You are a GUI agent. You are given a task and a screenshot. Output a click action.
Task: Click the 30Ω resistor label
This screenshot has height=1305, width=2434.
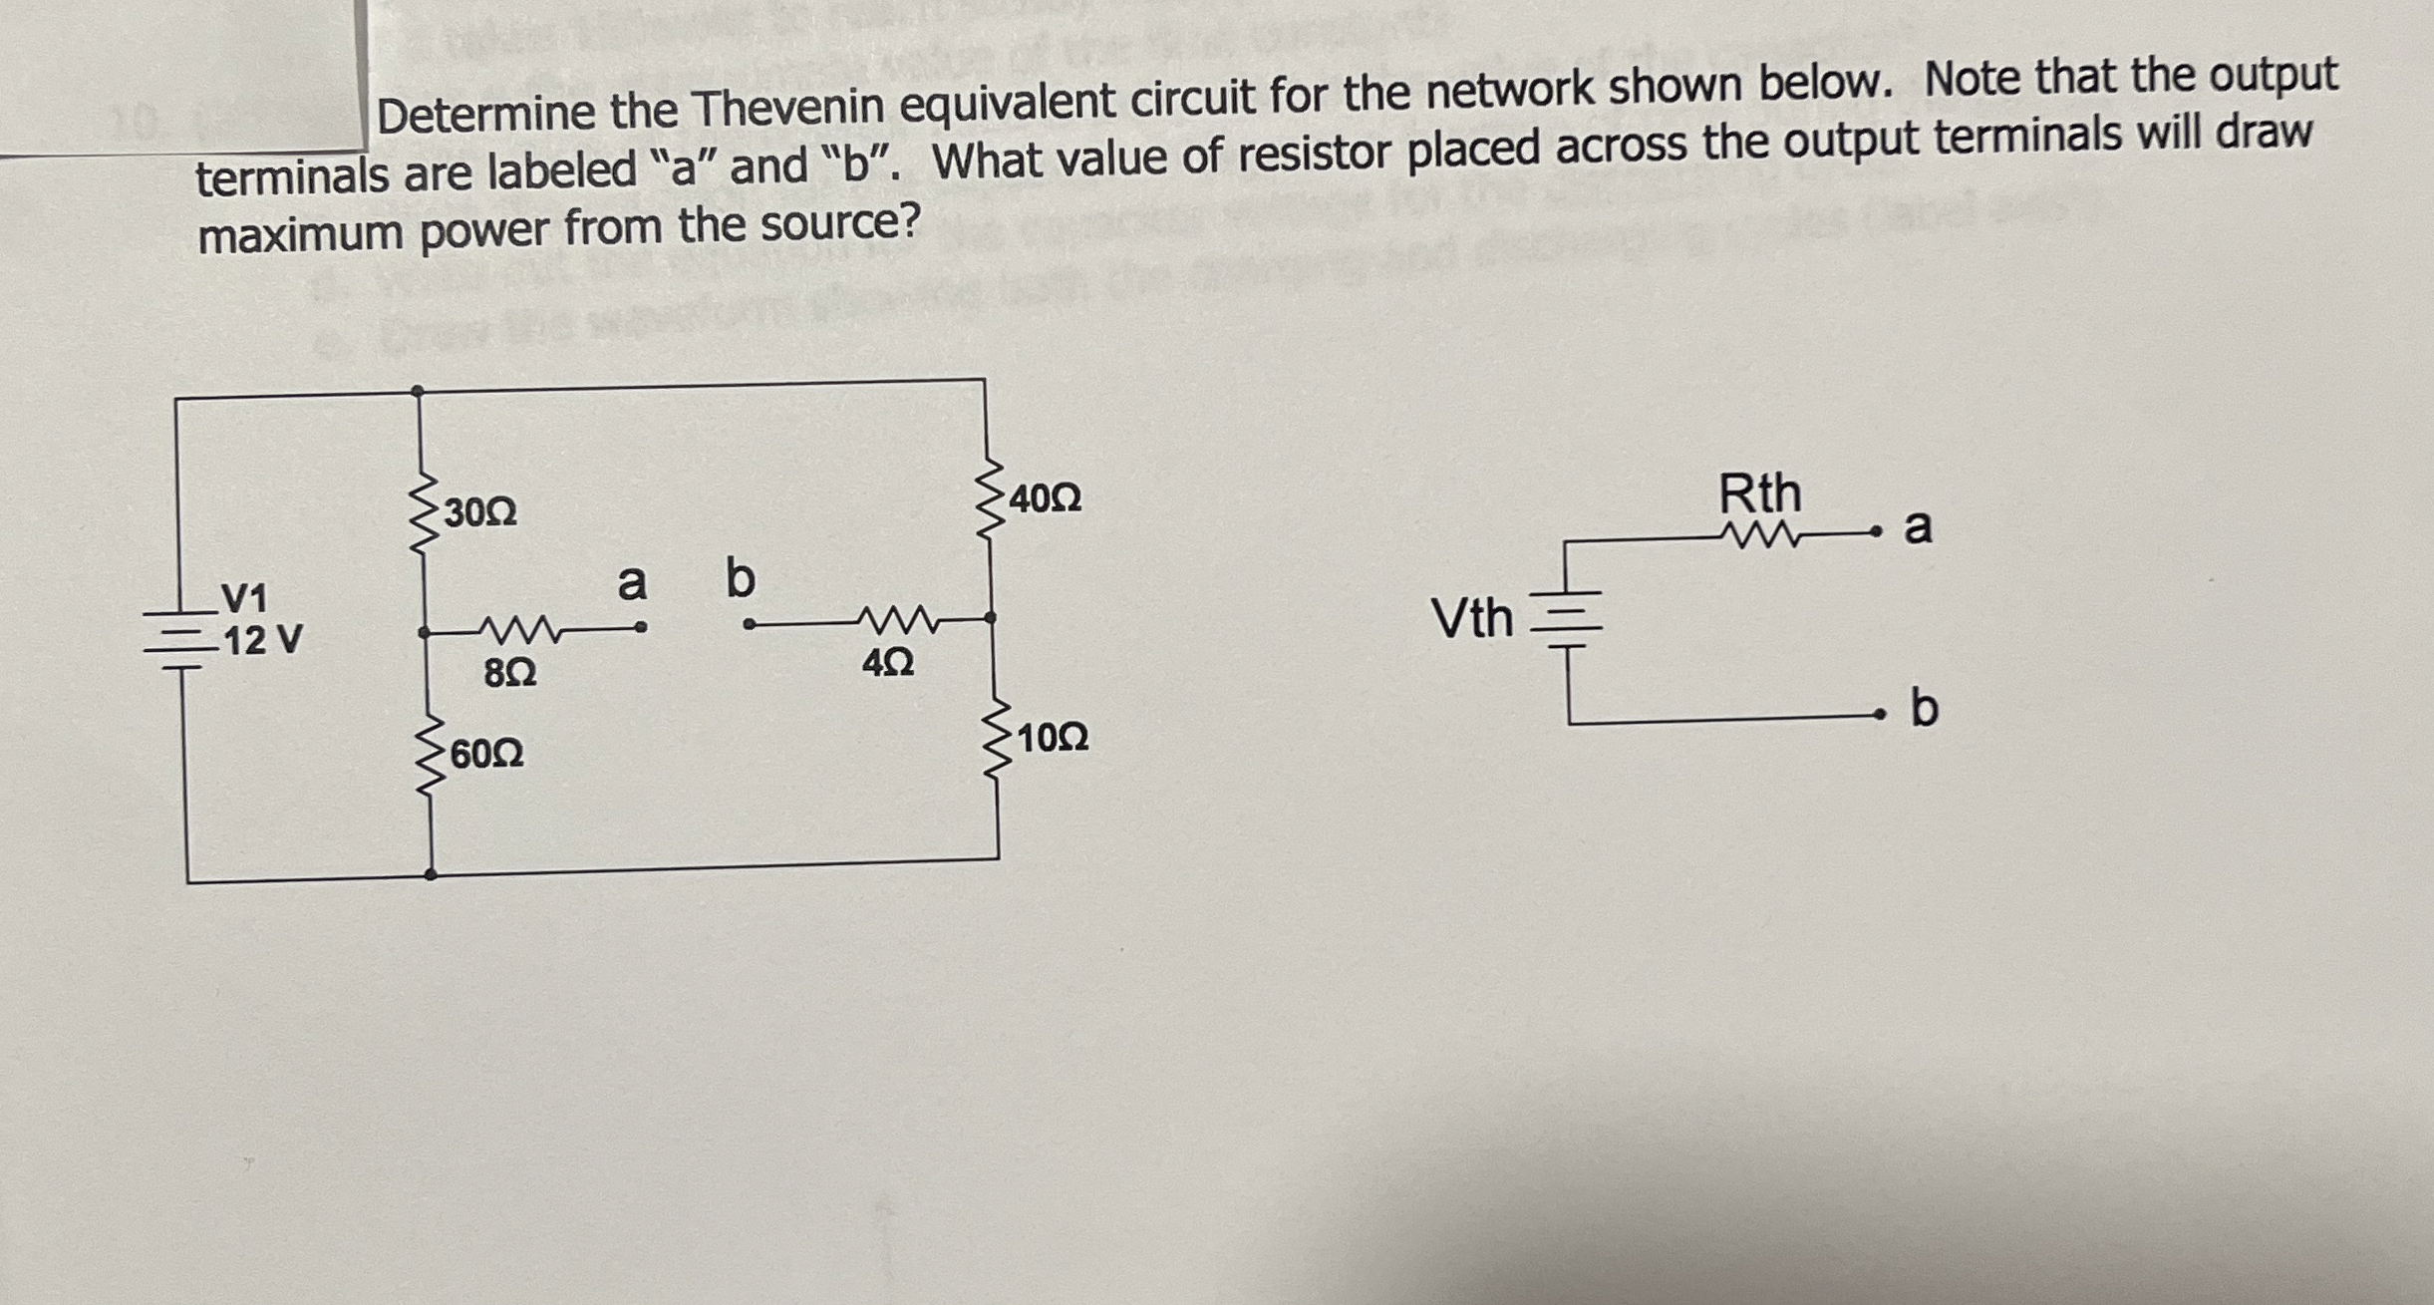(x=480, y=513)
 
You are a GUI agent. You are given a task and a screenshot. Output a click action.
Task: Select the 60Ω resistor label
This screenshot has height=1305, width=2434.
(x=486, y=755)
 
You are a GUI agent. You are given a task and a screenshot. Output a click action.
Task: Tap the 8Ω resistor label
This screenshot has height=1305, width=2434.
(x=509, y=675)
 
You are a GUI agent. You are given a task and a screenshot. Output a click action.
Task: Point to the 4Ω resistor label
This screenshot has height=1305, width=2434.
(x=886, y=663)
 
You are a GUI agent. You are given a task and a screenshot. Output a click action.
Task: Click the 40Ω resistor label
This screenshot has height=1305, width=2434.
(x=1045, y=497)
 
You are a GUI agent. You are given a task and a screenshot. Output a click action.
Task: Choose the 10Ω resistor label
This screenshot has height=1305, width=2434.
(x=1053, y=739)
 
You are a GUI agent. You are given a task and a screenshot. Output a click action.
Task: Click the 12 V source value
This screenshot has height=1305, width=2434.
(x=262, y=640)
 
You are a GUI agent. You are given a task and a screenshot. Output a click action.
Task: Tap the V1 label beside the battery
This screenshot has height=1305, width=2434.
(x=243, y=599)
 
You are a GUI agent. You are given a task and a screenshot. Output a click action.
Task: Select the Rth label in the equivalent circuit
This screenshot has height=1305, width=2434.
(x=1760, y=493)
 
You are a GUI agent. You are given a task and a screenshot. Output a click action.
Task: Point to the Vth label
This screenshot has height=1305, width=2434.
(x=1472, y=618)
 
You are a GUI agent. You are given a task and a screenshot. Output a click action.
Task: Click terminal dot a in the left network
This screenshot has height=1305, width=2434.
(x=642, y=628)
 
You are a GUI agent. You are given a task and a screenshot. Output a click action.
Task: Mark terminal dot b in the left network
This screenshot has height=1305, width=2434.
(x=749, y=625)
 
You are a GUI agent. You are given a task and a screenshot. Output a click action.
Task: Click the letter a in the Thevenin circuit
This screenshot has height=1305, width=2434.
(x=1918, y=526)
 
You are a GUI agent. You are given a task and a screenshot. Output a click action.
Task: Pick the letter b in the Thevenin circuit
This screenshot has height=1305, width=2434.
(x=1924, y=709)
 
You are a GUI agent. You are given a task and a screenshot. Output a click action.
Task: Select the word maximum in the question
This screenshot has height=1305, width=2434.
(x=303, y=235)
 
